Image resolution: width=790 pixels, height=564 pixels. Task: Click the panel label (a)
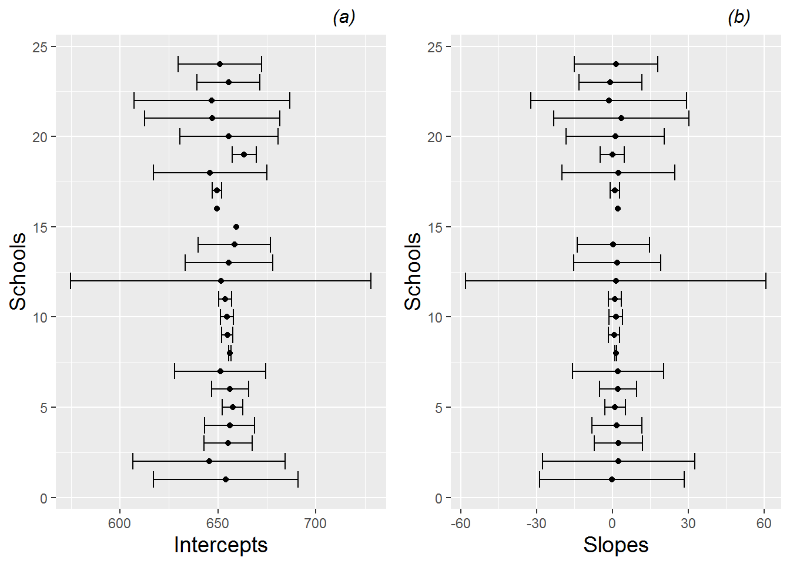344,18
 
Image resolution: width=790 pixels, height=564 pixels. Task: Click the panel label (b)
739,18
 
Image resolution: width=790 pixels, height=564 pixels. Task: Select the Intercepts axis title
220,545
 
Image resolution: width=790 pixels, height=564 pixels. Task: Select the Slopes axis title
615,545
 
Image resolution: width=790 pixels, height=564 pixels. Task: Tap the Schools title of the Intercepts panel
18,271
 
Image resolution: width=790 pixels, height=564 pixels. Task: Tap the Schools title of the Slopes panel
413,271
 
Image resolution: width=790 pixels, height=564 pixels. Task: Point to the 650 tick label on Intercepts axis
217,523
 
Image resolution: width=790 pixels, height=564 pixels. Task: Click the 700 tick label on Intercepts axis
315,523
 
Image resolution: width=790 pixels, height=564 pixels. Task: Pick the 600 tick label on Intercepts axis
120,523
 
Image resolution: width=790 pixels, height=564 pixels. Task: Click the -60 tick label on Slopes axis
460,523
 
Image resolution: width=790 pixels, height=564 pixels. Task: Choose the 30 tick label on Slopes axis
688,523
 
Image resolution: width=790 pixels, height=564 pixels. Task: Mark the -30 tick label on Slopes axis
536,523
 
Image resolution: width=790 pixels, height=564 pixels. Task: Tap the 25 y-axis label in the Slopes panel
435,47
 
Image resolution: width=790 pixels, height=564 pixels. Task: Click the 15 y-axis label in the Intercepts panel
40,227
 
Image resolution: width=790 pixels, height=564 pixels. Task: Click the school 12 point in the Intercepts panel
221,281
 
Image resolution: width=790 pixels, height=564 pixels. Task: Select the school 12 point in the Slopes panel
616,281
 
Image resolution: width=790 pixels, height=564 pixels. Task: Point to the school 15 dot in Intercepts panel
236,227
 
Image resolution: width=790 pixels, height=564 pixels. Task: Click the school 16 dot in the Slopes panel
618,209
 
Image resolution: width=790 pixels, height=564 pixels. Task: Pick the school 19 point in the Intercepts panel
244,155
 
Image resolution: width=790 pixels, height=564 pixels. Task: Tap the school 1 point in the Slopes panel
612,479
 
